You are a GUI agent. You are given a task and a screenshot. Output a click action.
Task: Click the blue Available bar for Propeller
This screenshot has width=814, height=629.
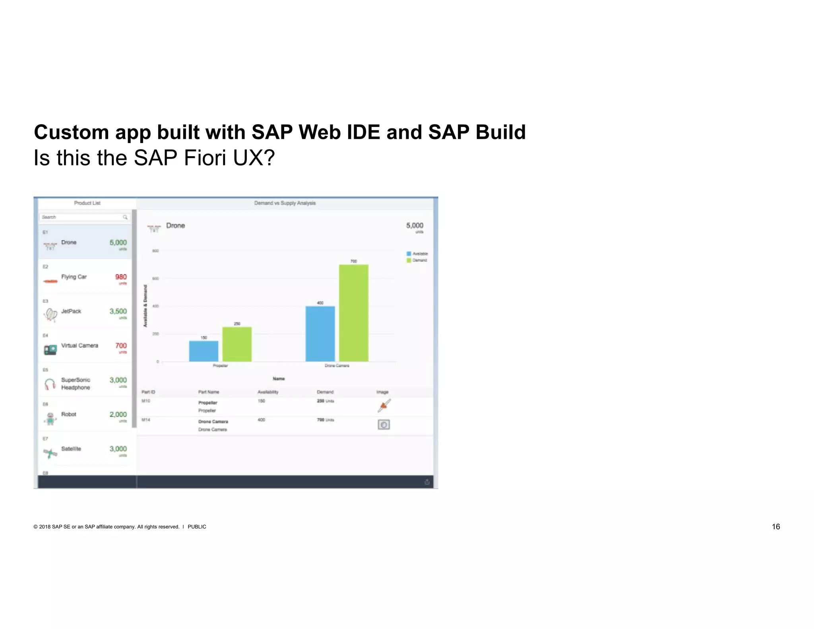pyautogui.click(x=203, y=351)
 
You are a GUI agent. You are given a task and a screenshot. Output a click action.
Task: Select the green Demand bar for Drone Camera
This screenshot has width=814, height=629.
pyautogui.click(x=353, y=313)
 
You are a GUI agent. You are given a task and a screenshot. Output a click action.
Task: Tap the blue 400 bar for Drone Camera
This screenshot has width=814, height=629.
pyautogui.click(x=320, y=334)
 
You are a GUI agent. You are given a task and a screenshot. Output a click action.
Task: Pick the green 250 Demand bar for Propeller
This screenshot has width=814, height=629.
pyautogui.click(x=237, y=344)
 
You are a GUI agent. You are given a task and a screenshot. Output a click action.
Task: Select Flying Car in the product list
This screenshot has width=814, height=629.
pyautogui.click(x=74, y=277)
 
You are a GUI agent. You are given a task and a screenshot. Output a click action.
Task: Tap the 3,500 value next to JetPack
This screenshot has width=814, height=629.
pyautogui.click(x=118, y=311)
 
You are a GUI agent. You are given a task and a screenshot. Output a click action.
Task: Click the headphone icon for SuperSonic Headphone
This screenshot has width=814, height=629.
pyautogui.click(x=50, y=384)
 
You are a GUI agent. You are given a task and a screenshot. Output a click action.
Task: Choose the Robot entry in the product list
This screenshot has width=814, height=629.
pyautogui.click(x=69, y=414)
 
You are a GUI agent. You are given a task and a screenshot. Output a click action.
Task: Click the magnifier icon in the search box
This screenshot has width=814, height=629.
pyautogui.click(x=125, y=217)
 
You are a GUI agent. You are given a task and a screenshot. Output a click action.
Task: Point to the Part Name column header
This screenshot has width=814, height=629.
pyautogui.click(x=209, y=392)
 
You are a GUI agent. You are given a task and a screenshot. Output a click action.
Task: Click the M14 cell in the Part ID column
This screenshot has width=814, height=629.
pyautogui.click(x=146, y=420)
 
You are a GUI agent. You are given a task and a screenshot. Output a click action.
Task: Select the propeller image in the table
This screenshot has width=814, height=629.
pyautogui.click(x=384, y=406)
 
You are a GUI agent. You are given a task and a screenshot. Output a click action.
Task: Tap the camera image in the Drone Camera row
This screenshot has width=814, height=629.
pyautogui.click(x=384, y=425)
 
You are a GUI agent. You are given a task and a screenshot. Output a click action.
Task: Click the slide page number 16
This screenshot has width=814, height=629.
pyautogui.click(x=775, y=527)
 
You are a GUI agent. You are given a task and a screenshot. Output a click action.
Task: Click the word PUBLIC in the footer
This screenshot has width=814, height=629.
pyautogui.click(x=197, y=527)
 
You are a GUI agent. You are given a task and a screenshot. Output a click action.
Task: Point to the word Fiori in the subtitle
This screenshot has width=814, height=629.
pyautogui.click(x=205, y=158)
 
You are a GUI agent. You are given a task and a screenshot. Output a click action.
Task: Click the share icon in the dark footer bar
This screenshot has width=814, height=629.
pyautogui.click(x=427, y=482)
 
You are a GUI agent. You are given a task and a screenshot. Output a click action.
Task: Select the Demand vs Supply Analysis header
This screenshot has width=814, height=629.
pyautogui.click(x=285, y=203)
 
